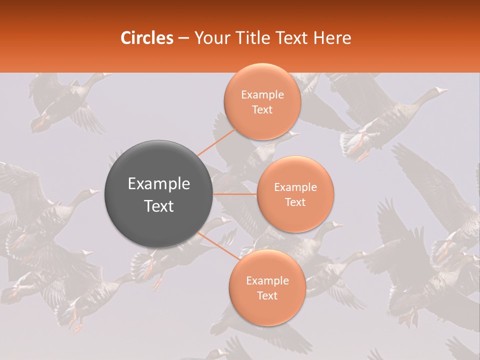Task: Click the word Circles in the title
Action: point(147,38)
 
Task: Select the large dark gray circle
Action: point(159,194)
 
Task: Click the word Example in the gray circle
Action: point(159,184)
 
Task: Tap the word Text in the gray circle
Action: point(159,206)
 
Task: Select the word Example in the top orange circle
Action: point(262,95)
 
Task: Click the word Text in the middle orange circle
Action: point(295,202)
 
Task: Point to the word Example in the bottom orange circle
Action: point(267,281)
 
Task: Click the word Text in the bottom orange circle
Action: point(267,296)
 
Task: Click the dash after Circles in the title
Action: point(183,38)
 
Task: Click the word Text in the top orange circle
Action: point(262,110)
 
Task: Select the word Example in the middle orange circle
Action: point(295,187)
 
